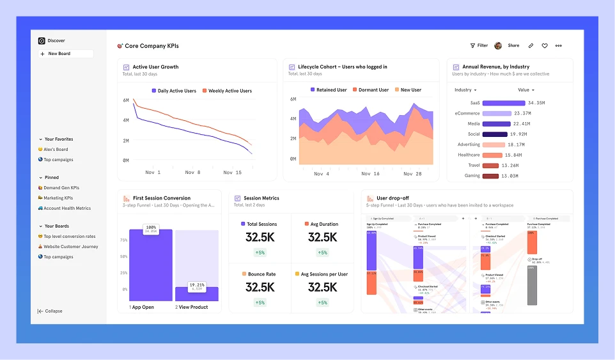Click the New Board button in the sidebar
[x=59, y=54]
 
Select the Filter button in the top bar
[x=479, y=46]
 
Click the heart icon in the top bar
[x=545, y=46]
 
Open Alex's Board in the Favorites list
[x=56, y=150]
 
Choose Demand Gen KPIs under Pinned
[x=61, y=188]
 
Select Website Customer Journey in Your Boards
[x=70, y=247]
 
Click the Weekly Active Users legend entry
[x=230, y=91]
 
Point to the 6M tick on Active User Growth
[x=125, y=100]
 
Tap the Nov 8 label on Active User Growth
[x=193, y=173]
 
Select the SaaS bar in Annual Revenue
[x=503, y=103]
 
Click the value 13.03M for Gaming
[x=510, y=176]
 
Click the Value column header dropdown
[x=526, y=90]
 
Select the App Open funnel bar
[x=151, y=265]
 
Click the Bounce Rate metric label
[x=261, y=274]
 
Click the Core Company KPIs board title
[x=152, y=46]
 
